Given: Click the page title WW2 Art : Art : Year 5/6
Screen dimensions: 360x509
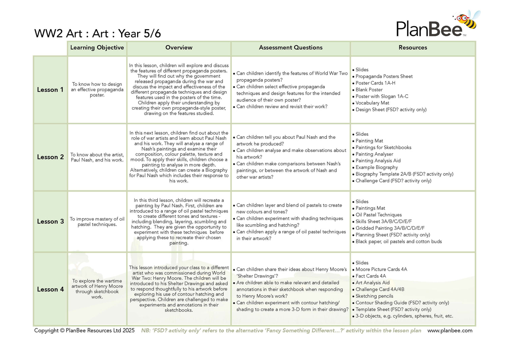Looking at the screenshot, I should pyautogui.click(x=97, y=34).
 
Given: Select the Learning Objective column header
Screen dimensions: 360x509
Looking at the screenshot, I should pyautogui.click(x=97, y=48).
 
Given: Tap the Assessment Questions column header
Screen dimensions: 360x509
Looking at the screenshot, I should pyautogui.click(x=290, y=48).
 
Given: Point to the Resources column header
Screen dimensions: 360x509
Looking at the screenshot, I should pyautogui.click(x=413, y=48).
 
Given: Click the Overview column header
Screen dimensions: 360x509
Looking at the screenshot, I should pyautogui.click(x=179, y=48).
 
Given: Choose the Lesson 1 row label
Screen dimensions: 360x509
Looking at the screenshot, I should pyautogui.click(x=50, y=90).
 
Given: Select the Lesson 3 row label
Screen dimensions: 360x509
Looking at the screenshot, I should pyautogui.click(x=50, y=222).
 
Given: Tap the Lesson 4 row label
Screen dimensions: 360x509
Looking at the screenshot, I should pyautogui.click(x=50, y=289).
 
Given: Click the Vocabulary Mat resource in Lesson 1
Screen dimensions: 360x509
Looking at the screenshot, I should pyautogui.click(x=372, y=103).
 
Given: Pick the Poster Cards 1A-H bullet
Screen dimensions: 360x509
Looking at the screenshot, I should pyautogui.click(x=375, y=83).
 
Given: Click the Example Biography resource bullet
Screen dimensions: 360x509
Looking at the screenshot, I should pyautogui.click(x=377, y=168).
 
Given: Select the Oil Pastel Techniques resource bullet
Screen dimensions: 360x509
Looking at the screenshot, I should pyautogui.click(x=379, y=215).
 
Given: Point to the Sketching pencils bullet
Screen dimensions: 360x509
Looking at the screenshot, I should pyautogui.click(x=374, y=296).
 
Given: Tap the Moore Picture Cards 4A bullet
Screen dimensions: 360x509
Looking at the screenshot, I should pyautogui.click(x=381, y=269).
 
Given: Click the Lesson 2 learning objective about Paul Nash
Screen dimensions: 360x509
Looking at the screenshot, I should pyautogui.click(x=97, y=157).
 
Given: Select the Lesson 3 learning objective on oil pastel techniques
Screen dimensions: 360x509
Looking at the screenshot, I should pyautogui.click(x=97, y=222).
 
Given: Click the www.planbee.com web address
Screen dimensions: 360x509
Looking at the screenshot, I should pyautogui.click(x=450, y=331).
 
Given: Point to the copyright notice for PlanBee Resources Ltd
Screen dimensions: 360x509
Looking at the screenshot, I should pyautogui.click(x=84, y=331).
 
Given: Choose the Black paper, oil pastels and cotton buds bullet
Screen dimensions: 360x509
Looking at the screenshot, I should pyautogui.click(x=399, y=242).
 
